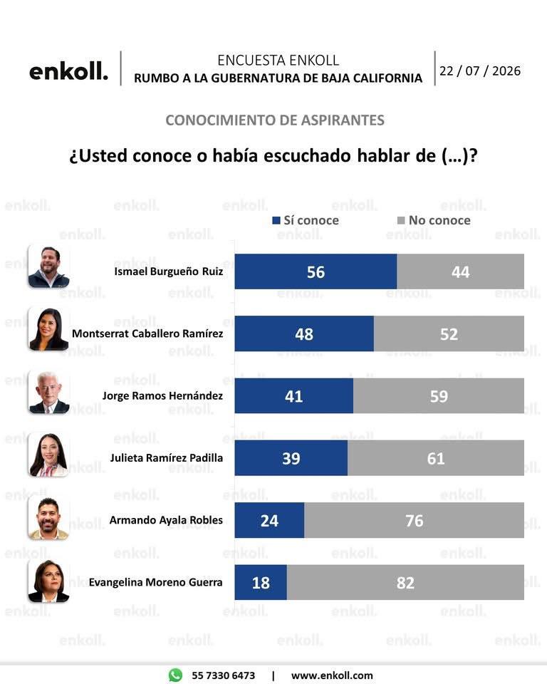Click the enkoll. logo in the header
coord(68,71)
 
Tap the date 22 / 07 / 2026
coord(480,71)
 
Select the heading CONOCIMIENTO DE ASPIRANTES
coord(275,120)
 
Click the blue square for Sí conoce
coord(276,220)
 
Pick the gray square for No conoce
coord(401,220)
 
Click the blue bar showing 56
coord(316,271)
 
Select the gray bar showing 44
coord(460,271)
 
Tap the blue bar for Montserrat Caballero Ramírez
coord(304,333)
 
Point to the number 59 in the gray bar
coord(439,396)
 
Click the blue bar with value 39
coord(291,458)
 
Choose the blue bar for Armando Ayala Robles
coord(269,520)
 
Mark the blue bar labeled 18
coord(261,582)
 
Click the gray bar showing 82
coord(405,582)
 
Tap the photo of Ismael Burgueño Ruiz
coord(49,266)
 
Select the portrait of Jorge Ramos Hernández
coord(49,393)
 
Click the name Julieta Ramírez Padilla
coord(166,458)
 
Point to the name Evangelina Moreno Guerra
coord(155,582)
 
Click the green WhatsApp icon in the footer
coord(175,675)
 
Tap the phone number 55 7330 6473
coord(224,675)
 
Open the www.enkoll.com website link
coord(332,675)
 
